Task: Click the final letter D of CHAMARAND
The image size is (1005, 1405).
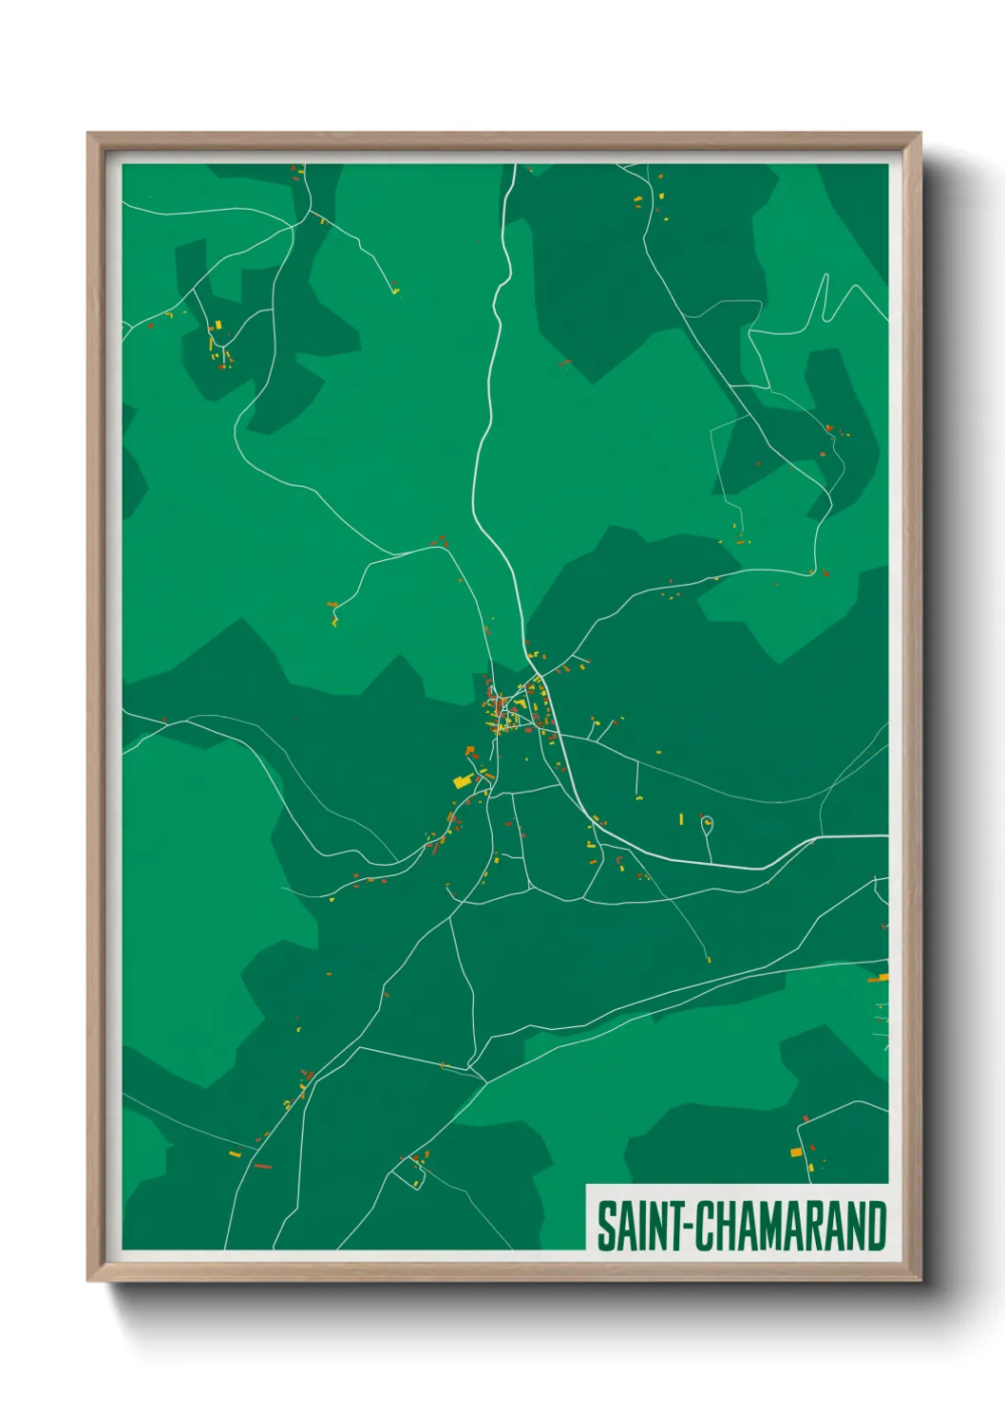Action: pos(877,1227)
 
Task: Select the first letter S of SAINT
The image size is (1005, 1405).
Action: pos(604,1227)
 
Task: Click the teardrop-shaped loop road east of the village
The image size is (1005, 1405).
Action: pos(707,824)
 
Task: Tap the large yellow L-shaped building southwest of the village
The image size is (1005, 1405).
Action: pos(463,781)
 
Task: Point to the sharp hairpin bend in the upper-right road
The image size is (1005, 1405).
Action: pos(826,278)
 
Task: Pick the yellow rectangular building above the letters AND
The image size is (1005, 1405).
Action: pos(796,1152)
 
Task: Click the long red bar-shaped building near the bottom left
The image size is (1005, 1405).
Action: pos(262,1166)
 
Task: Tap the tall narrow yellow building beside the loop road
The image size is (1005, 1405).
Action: pos(681,818)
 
